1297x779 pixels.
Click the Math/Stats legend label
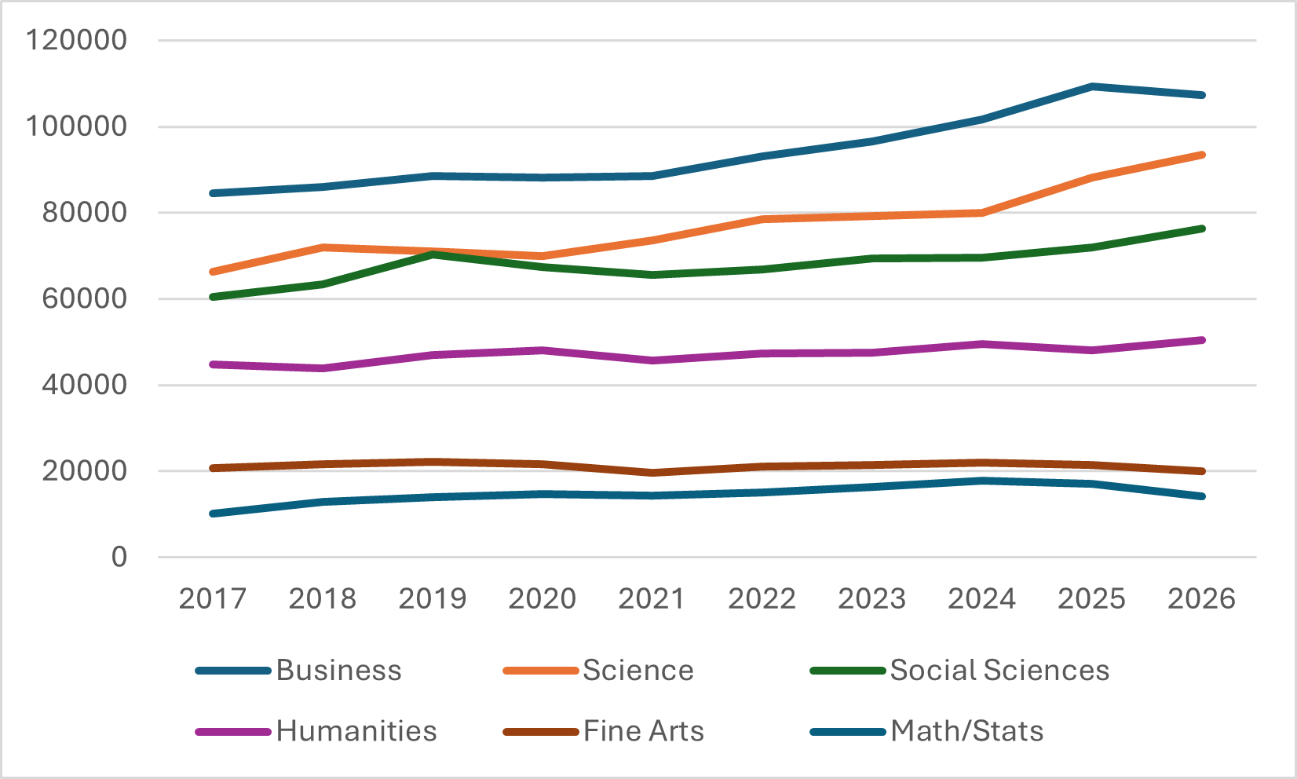(966, 731)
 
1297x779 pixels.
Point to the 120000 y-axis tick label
(76, 40)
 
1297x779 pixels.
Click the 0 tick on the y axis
(119, 558)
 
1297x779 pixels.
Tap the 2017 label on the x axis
(213, 598)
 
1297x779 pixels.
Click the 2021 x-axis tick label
(652, 598)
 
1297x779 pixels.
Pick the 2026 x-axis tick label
(1201, 598)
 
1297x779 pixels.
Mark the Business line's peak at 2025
(1092, 86)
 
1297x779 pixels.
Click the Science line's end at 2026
(1202, 155)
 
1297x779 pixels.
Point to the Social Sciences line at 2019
(433, 254)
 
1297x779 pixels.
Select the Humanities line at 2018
(323, 368)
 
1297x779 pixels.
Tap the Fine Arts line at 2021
(652, 473)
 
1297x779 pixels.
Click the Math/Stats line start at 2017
(213, 514)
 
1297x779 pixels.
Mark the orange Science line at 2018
(323, 247)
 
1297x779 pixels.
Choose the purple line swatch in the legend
(233, 732)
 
